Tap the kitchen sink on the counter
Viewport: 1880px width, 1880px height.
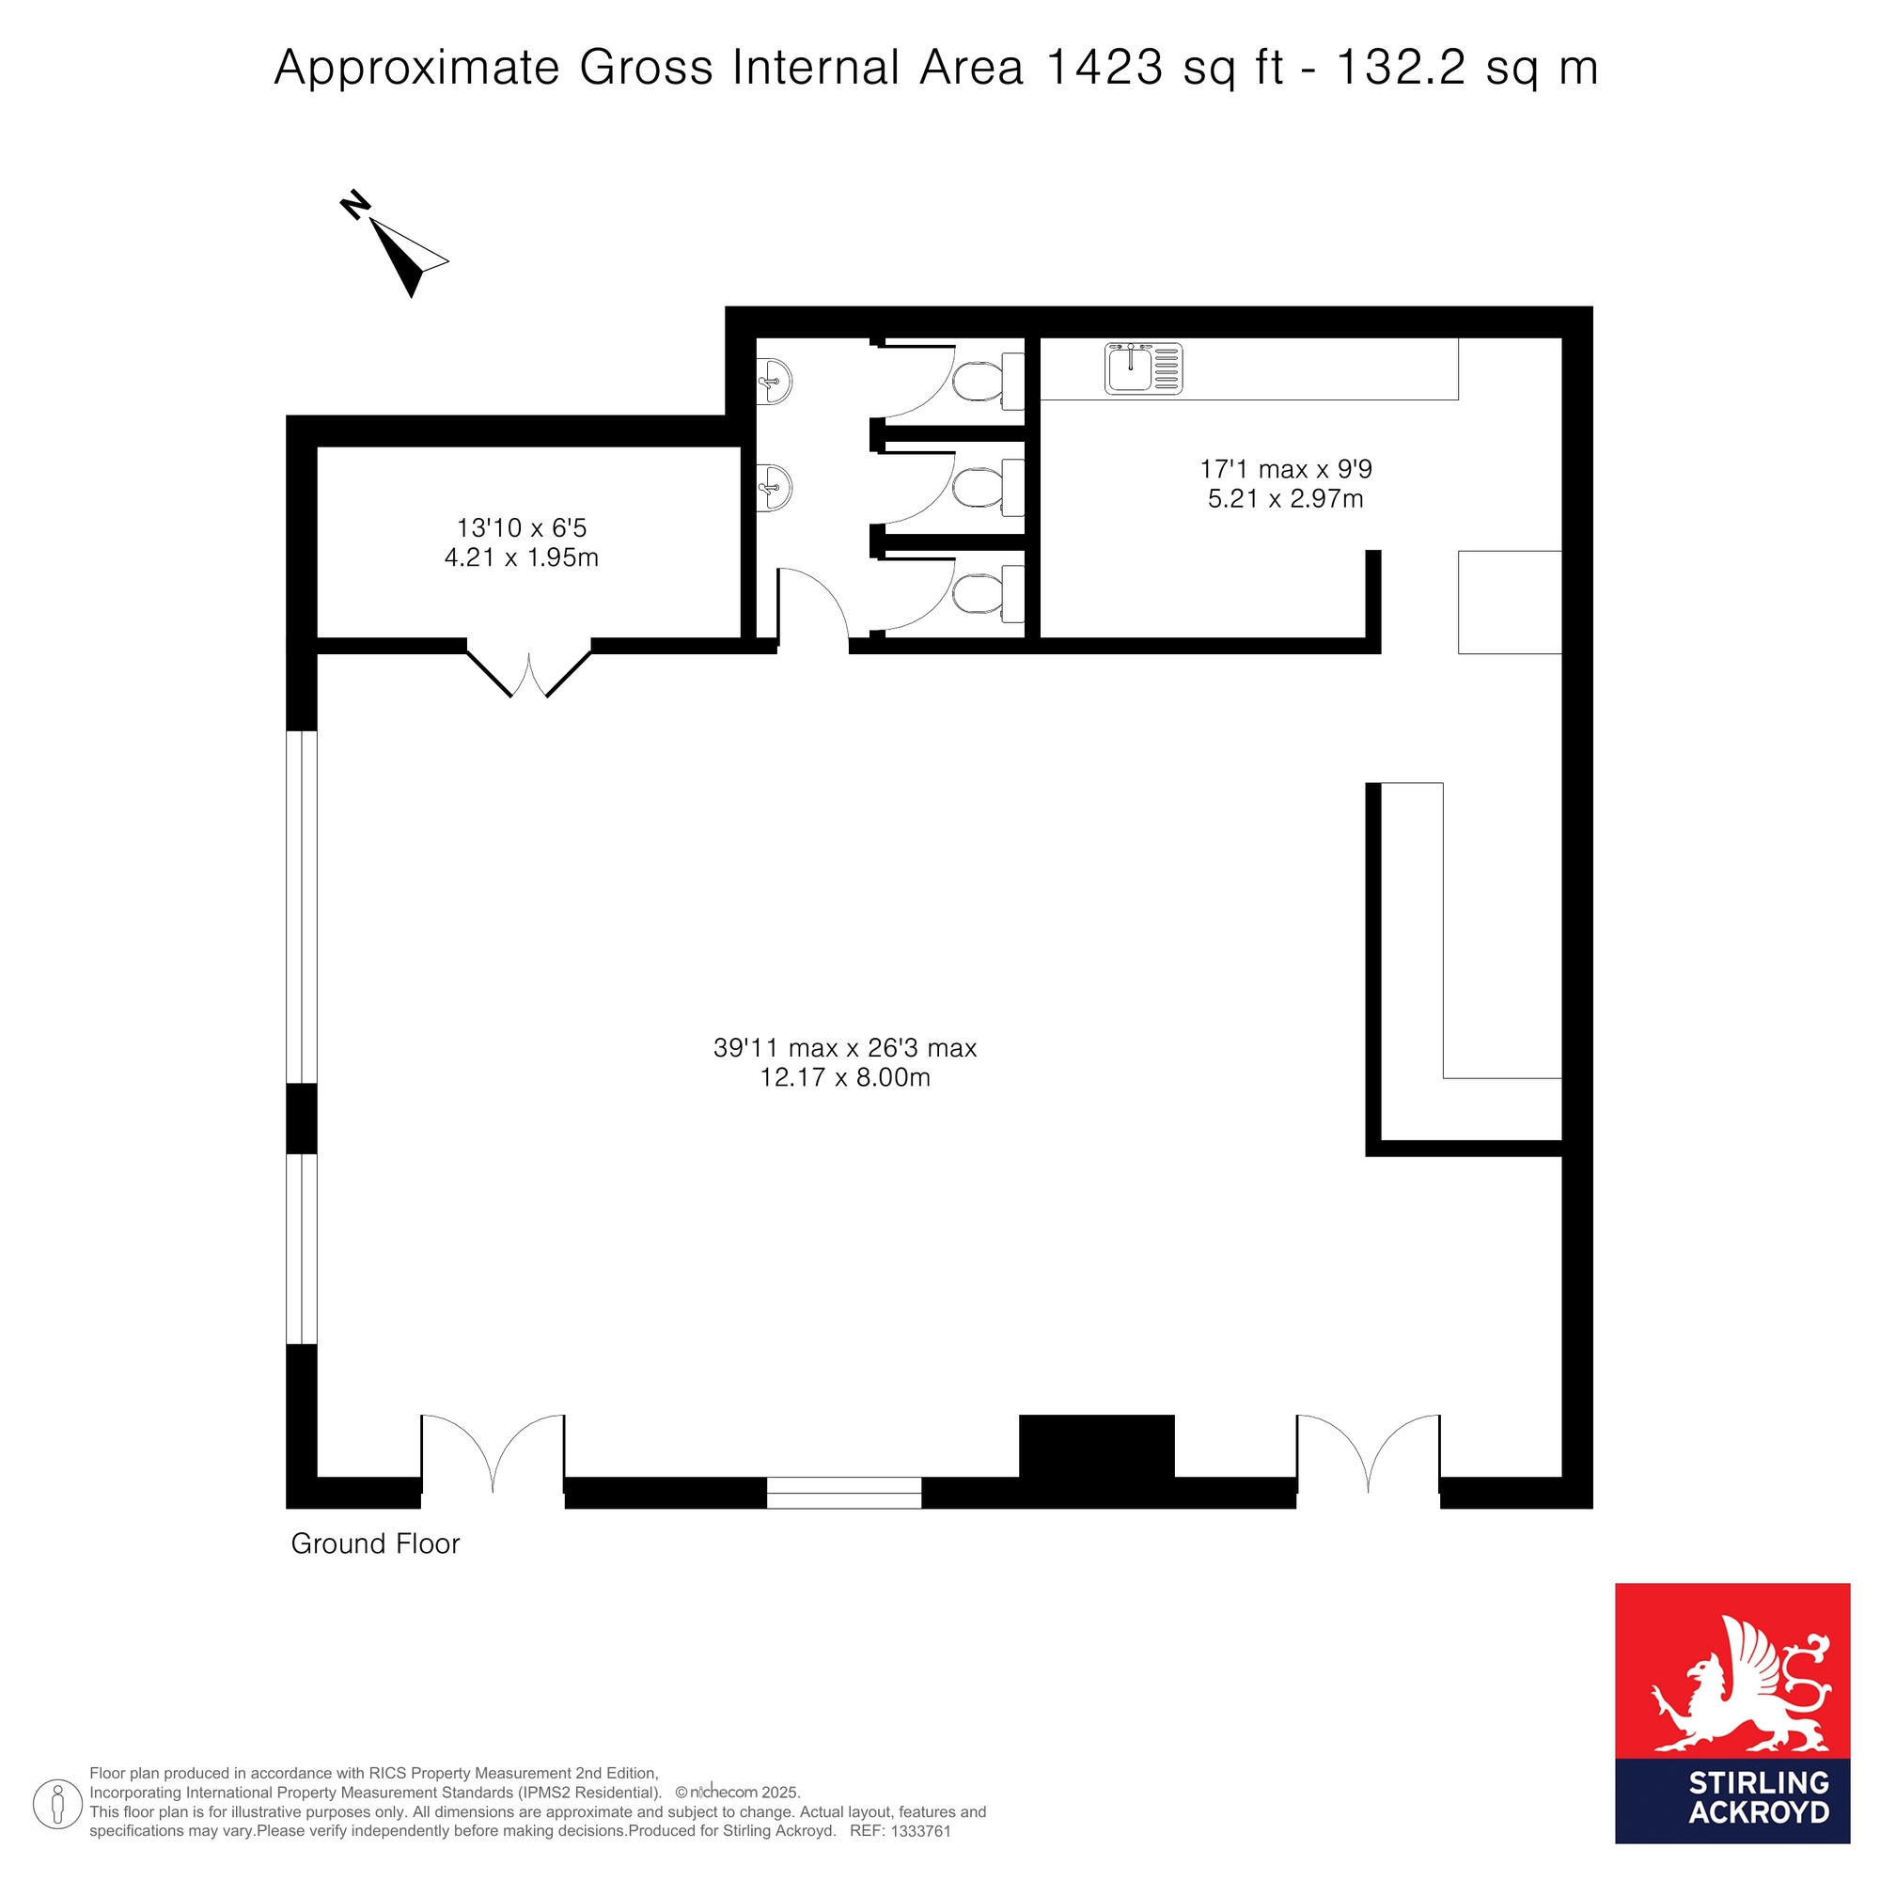[x=1143, y=368]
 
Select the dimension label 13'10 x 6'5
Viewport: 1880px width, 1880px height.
[x=522, y=528]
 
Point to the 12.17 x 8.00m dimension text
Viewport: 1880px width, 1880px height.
[x=845, y=1078]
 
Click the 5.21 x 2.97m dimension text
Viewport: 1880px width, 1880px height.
[x=1285, y=499]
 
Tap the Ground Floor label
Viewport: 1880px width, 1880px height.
[x=376, y=1544]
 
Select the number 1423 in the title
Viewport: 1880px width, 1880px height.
[x=1104, y=68]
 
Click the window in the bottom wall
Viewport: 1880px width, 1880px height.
[x=844, y=1493]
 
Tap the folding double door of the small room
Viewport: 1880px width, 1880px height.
[x=529, y=669]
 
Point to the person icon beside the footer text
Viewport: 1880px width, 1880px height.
[x=57, y=1803]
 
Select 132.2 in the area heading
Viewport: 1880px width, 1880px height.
[x=1402, y=68]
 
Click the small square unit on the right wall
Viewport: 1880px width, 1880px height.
[x=1510, y=603]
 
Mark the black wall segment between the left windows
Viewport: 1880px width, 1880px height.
[x=302, y=1118]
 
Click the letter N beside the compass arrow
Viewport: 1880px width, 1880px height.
[x=355, y=204]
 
